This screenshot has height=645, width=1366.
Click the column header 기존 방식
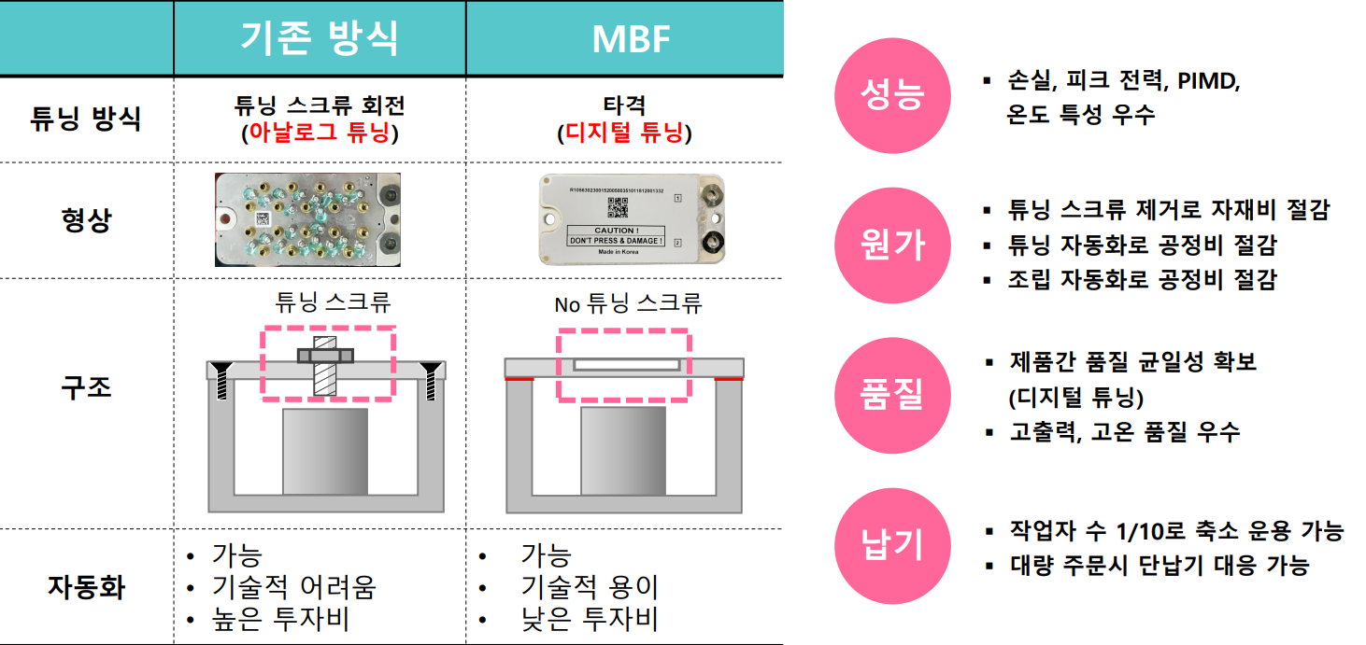319,38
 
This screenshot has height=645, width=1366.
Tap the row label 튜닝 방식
86,119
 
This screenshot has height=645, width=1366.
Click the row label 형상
86,220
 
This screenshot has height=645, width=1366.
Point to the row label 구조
86,386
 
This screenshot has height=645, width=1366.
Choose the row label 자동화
86,587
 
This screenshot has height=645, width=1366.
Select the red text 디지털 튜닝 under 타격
624,133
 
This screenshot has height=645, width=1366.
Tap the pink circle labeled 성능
891,96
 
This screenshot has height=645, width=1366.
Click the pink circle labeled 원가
891,245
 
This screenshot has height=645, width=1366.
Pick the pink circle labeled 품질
891,396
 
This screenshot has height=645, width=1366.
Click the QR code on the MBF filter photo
616,207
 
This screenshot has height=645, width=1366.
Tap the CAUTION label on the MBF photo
616,235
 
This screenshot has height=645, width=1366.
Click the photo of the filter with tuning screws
308,219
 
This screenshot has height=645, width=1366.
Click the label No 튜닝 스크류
627,303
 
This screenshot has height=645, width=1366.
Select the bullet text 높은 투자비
280,619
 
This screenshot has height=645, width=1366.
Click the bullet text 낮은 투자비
590,619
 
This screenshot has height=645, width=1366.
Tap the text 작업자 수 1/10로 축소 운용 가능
1176,532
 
